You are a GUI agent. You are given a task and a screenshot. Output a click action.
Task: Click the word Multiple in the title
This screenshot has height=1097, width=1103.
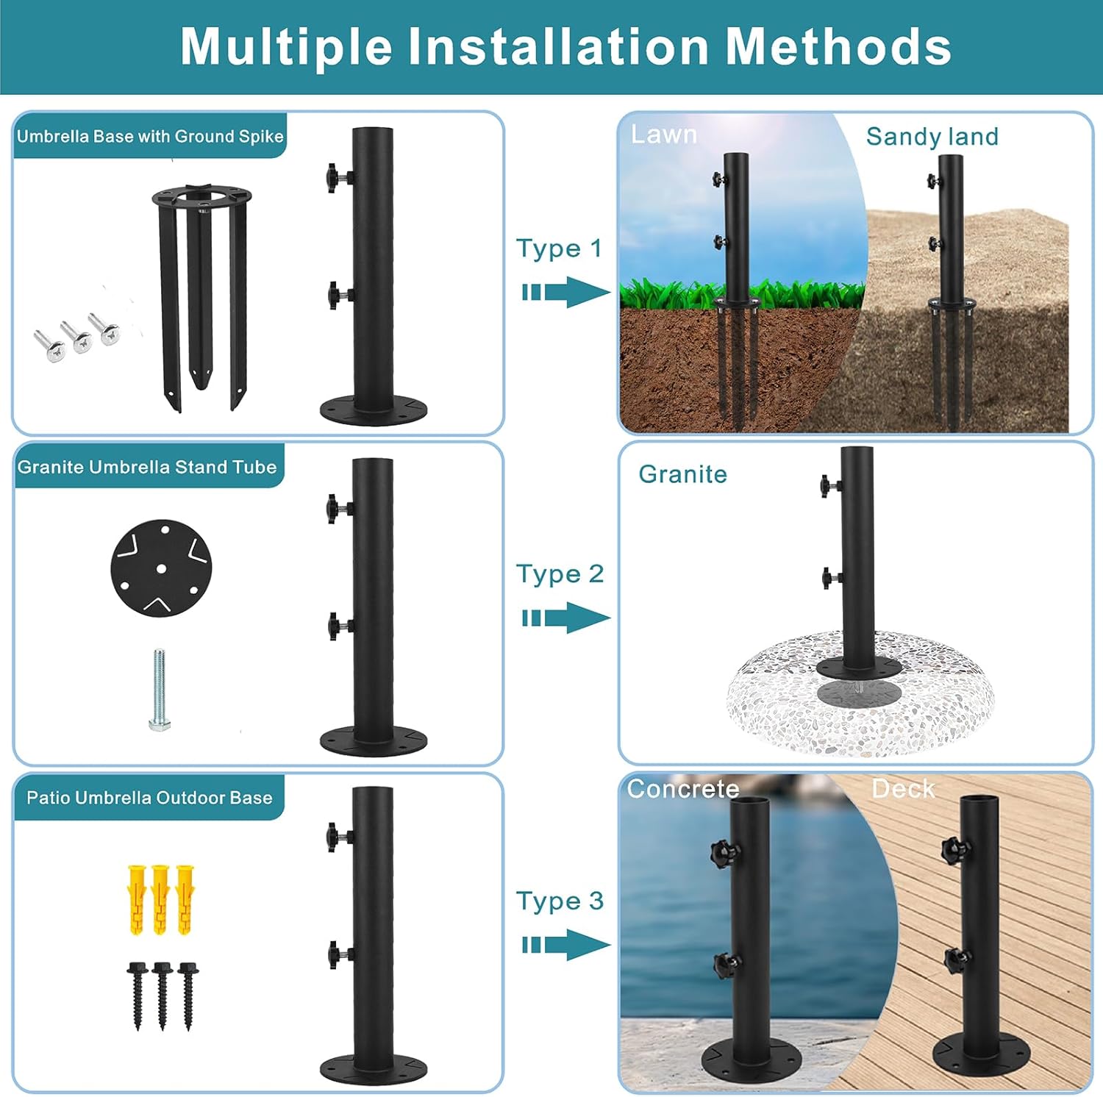pos(286,47)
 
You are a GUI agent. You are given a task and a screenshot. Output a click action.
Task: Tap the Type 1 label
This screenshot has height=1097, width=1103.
pos(559,249)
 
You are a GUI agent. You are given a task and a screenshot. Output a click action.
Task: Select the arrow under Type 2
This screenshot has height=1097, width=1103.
pos(566,618)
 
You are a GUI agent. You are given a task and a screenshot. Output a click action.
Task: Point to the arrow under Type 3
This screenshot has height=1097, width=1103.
pos(566,945)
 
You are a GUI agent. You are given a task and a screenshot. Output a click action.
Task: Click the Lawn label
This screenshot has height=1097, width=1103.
pos(664,135)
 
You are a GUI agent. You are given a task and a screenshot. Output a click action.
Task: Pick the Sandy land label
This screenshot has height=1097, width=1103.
pos(932,137)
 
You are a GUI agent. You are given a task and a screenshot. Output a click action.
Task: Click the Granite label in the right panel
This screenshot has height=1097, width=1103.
pos(682,474)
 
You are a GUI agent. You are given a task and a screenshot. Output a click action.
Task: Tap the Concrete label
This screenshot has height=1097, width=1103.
pos(682,789)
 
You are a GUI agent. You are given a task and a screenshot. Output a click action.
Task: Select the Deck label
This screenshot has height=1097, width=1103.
pos(903,789)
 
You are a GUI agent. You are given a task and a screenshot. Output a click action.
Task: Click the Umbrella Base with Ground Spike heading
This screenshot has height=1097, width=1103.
pos(150,136)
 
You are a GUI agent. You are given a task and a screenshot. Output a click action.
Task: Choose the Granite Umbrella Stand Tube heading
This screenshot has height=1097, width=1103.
pos(147,467)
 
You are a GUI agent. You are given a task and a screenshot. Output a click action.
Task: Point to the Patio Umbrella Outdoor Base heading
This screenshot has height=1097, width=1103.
pos(149,798)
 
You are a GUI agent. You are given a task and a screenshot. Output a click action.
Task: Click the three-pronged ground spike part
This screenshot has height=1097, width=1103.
pos(200,294)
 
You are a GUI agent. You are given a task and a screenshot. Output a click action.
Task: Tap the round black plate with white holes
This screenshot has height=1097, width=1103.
pos(161,568)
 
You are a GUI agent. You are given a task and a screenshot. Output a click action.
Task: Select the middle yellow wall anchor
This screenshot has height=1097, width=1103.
pos(160,899)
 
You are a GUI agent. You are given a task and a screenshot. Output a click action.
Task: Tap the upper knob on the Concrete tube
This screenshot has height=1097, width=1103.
pos(724,853)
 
